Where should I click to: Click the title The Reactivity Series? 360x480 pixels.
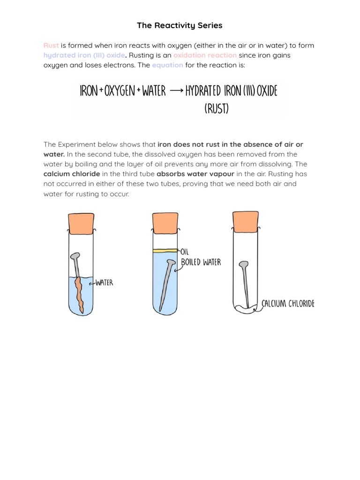pos(180,25)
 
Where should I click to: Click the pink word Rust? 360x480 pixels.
pos(51,45)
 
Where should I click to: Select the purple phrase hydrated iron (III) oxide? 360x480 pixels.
pos(84,55)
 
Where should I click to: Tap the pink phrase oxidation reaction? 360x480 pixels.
pos(205,55)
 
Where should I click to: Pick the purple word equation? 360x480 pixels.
pos(167,65)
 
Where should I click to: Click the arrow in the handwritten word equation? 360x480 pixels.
pos(176,91)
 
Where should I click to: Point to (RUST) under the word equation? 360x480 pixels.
pos(217,109)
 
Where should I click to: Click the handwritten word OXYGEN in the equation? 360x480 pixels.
pos(120,91)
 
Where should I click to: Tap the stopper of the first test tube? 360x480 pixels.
pos(81,223)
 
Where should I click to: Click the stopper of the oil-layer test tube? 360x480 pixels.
pos(165,223)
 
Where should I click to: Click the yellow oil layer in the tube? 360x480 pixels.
pos(165,251)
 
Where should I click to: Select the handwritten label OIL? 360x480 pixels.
pos(184,252)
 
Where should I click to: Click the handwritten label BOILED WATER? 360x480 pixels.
pos(201,262)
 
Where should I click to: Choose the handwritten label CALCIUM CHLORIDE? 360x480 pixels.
pos(288,304)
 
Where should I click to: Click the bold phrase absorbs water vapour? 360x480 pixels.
pos(195,174)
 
